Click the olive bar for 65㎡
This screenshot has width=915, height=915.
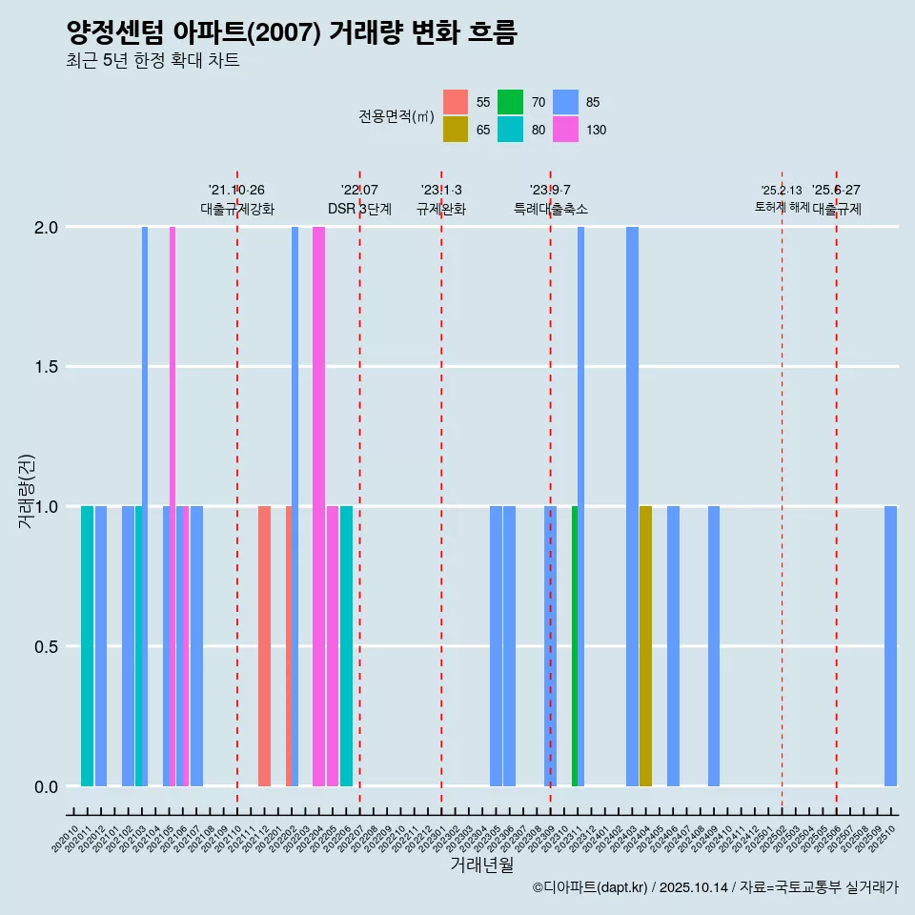click(x=645, y=645)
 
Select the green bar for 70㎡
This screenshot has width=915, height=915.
click(x=575, y=645)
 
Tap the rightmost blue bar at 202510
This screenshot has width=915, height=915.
click(x=890, y=645)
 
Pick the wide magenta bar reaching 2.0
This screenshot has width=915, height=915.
click(x=318, y=505)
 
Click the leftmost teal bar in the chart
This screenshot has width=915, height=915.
click(x=87, y=645)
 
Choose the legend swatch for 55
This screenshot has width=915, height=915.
click(x=456, y=102)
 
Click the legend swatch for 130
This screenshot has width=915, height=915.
click(x=566, y=130)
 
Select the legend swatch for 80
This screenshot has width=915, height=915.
click(x=511, y=130)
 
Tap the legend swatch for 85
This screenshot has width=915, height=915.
click(x=566, y=102)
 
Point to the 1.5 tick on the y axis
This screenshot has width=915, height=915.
click(x=46, y=367)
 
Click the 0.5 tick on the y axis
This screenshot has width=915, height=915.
click(x=46, y=646)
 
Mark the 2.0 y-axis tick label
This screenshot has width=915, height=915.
click(x=46, y=228)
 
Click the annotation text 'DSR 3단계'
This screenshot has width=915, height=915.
click(x=359, y=209)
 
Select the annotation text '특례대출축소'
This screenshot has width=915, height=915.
click(x=550, y=209)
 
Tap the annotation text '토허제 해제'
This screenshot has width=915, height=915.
click(x=782, y=207)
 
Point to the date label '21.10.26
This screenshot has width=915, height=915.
click(x=236, y=190)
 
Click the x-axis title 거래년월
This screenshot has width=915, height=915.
click(x=481, y=865)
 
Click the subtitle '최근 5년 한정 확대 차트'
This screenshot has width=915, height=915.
click(x=152, y=61)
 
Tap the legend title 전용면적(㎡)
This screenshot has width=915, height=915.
click(x=396, y=116)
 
